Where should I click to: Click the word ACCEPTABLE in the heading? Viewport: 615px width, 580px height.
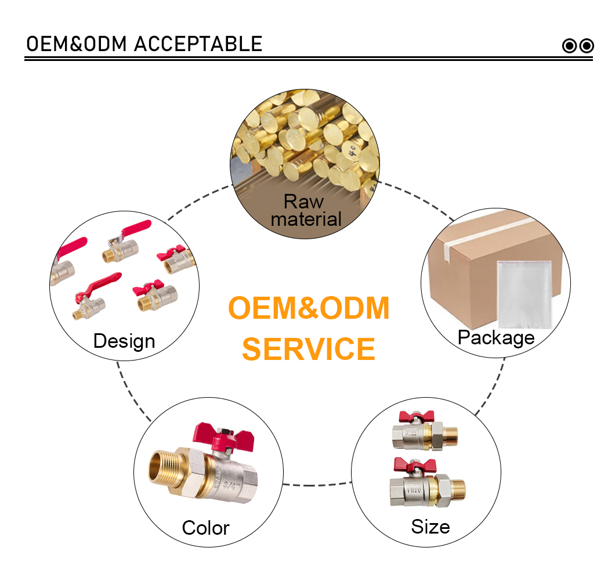click(x=198, y=44)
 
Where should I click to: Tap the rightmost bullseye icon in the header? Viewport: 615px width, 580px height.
click(x=587, y=46)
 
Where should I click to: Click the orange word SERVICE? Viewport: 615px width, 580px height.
click(x=309, y=349)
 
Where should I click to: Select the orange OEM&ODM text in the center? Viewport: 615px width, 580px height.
click(x=309, y=308)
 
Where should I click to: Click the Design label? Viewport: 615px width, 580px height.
click(x=124, y=341)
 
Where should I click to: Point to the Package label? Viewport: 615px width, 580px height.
click(x=496, y=337)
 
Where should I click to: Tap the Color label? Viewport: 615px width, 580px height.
click(x=205, y=528)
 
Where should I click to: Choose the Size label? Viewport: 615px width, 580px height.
click(x=430, y=527)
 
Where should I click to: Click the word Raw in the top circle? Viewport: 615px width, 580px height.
click(x=303, y=201)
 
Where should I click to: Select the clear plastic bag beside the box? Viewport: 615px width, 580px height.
click(x=524, y=294)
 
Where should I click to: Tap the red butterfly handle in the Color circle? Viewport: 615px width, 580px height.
click(x=223, y=436)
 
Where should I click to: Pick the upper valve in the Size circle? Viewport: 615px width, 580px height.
click(x=424, y=430)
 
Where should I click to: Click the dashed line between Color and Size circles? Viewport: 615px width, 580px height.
click(x=317, y=485)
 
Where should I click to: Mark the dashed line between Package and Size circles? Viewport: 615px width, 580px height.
click(x=491, y=387)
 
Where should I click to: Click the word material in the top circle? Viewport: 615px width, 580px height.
click(x=306, y=219)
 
